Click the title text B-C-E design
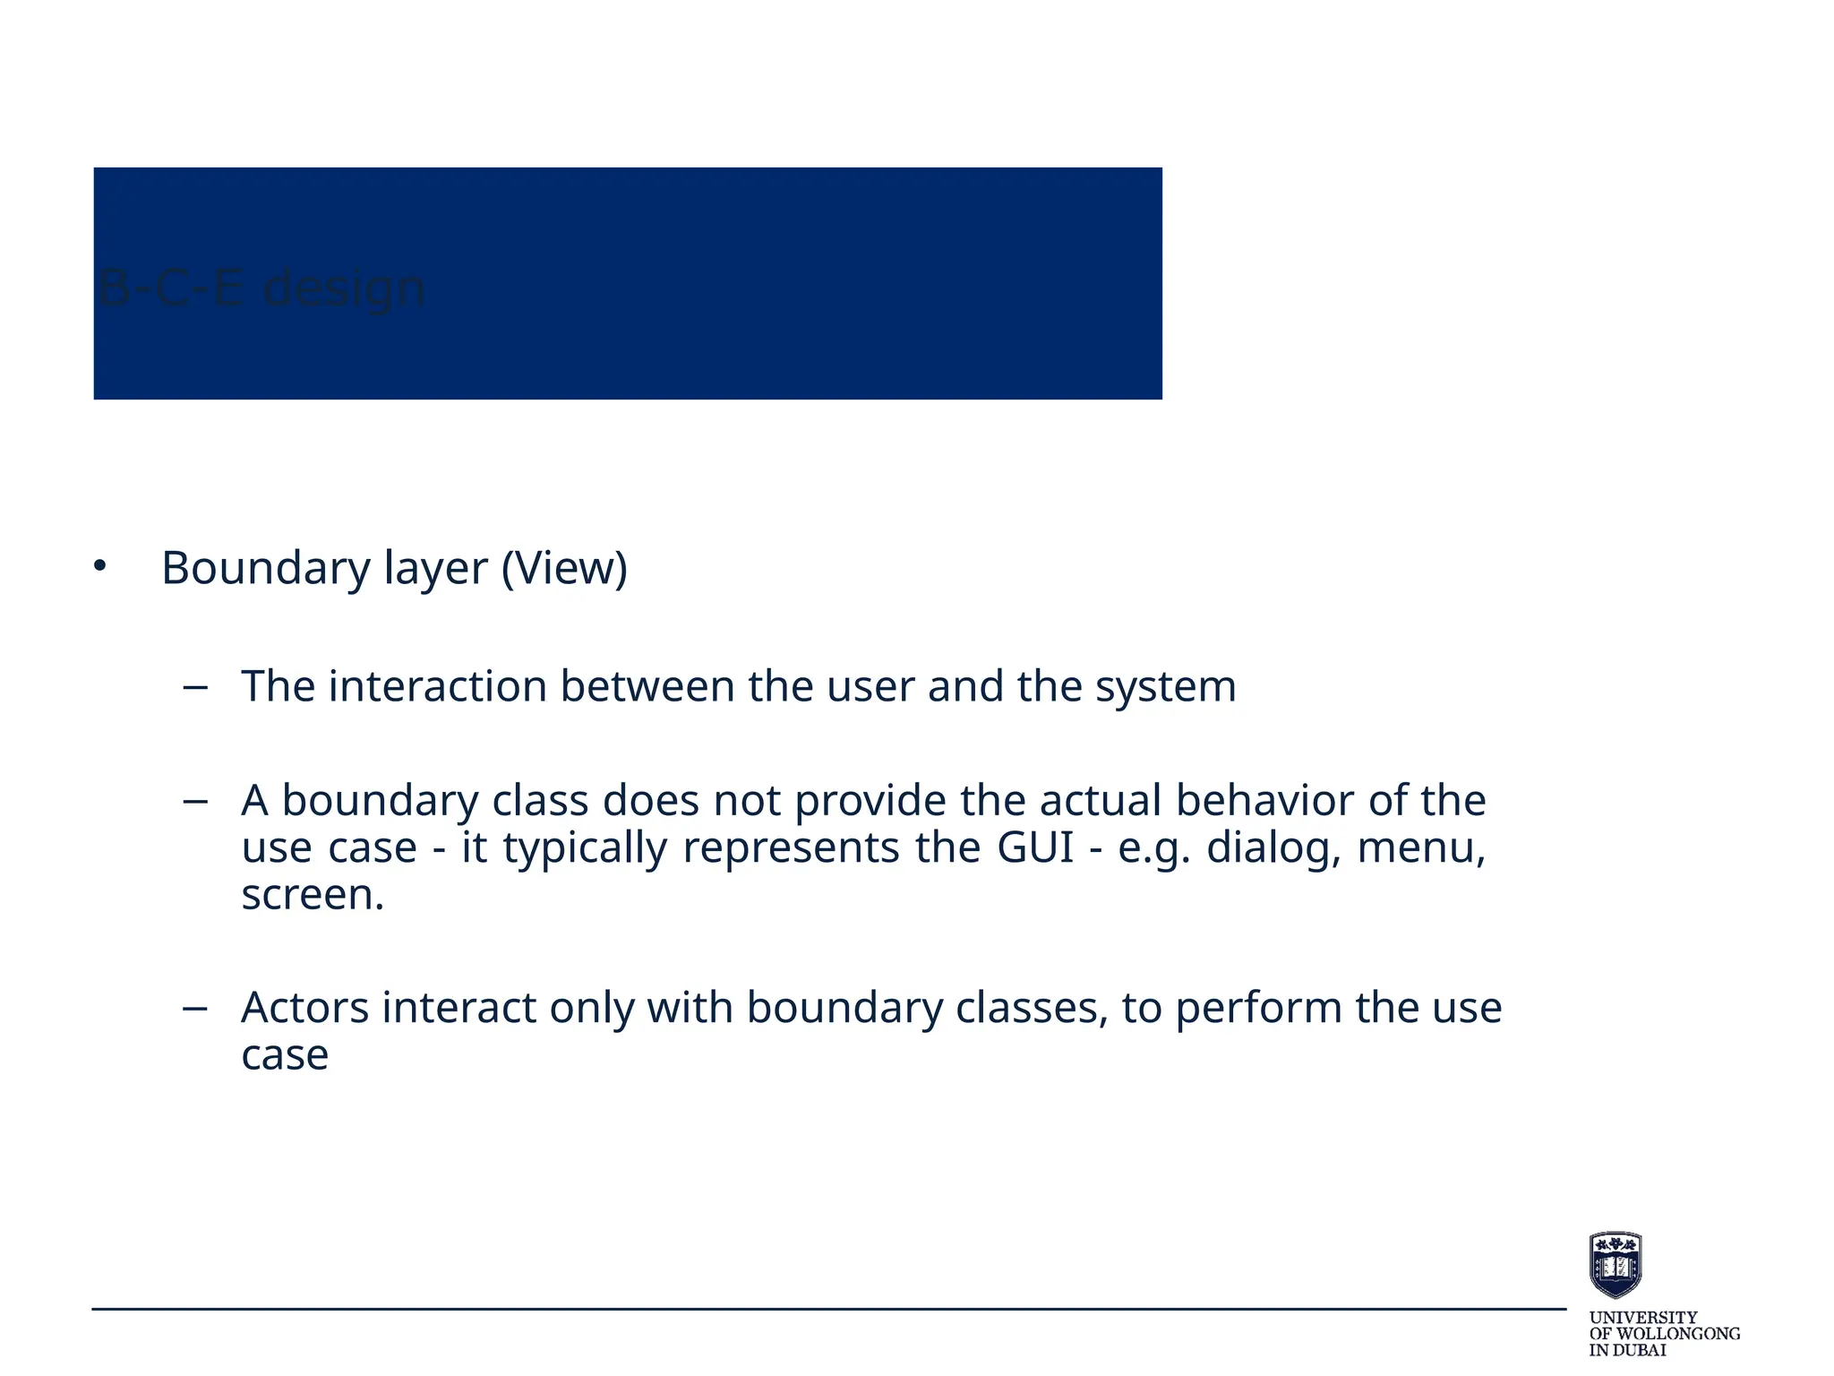[x=261, y=288]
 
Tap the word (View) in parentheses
[x=564, y=569]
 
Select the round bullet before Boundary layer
[x=99, y=566]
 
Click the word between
[x=647, y=687]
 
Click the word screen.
[x=313, y=895]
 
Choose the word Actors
[x=304, y=1008]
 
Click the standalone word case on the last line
[x=285, y=1055]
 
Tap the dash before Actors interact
[x=194, y=1009]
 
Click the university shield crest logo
[x=1615, y=1264]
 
